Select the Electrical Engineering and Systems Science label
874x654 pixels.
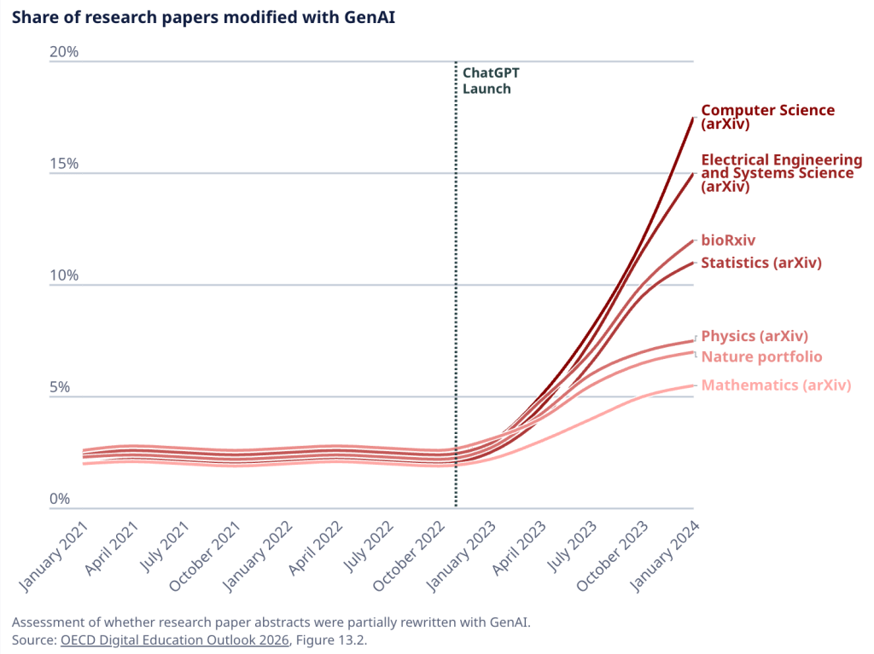[781, 173]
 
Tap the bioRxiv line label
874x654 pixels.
[728, 240]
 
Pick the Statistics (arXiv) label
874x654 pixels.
[760, 263]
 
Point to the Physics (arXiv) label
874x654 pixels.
[754, 336]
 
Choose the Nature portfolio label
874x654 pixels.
[761, 356]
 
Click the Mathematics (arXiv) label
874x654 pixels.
[776, 385]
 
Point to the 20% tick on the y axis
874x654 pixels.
[64, 52]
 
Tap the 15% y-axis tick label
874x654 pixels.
[64, 164]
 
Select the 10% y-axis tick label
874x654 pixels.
[64, 275]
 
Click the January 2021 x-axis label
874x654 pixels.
[53, 558]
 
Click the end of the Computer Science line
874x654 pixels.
[693, 117]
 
